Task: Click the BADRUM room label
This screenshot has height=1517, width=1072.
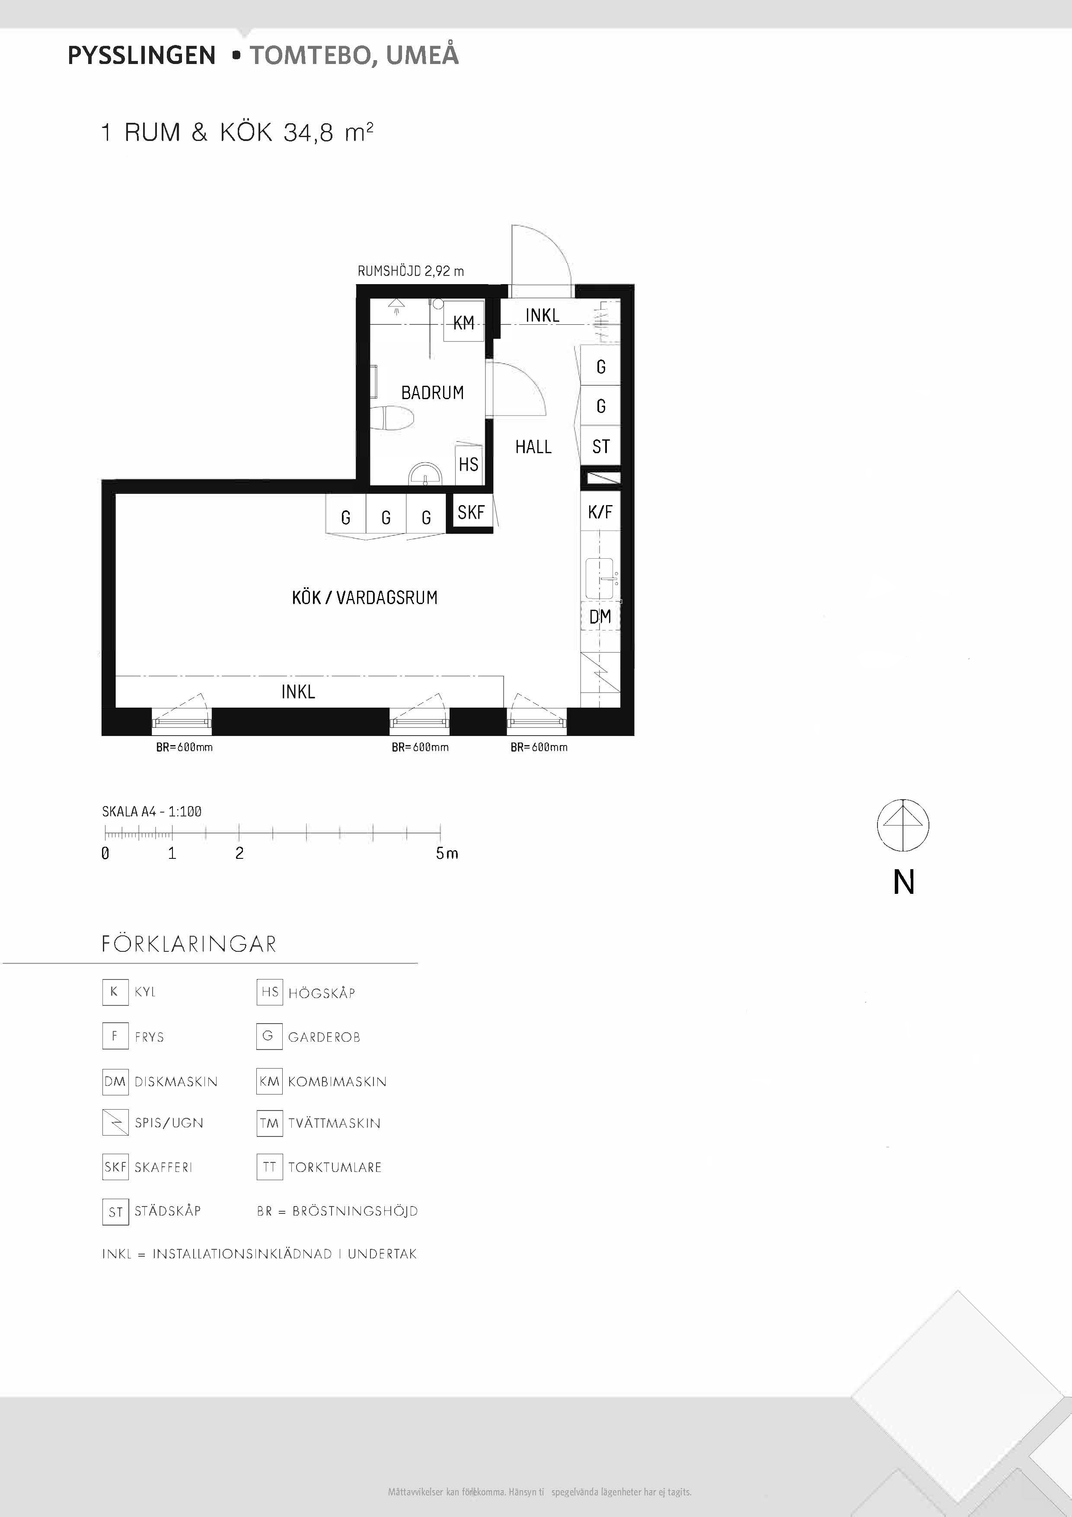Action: point(433,393)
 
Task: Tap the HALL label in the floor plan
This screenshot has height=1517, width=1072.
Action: point(533,447)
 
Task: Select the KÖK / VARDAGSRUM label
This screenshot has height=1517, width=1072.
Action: point(364,597)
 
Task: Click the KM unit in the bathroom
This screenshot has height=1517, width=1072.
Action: point(463,322)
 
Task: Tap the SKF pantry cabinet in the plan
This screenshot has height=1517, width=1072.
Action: point(471,512)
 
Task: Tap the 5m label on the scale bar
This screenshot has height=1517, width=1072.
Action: point(447,853)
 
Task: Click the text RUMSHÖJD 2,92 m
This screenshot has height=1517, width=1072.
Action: point(411,271)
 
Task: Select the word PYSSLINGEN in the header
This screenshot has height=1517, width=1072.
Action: point(141,55)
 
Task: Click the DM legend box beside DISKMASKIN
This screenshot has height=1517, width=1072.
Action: point(115,1082)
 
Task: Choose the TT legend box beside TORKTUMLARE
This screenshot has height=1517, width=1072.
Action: point(269,1167)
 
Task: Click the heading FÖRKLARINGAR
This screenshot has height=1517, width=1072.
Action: point(189,944)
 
